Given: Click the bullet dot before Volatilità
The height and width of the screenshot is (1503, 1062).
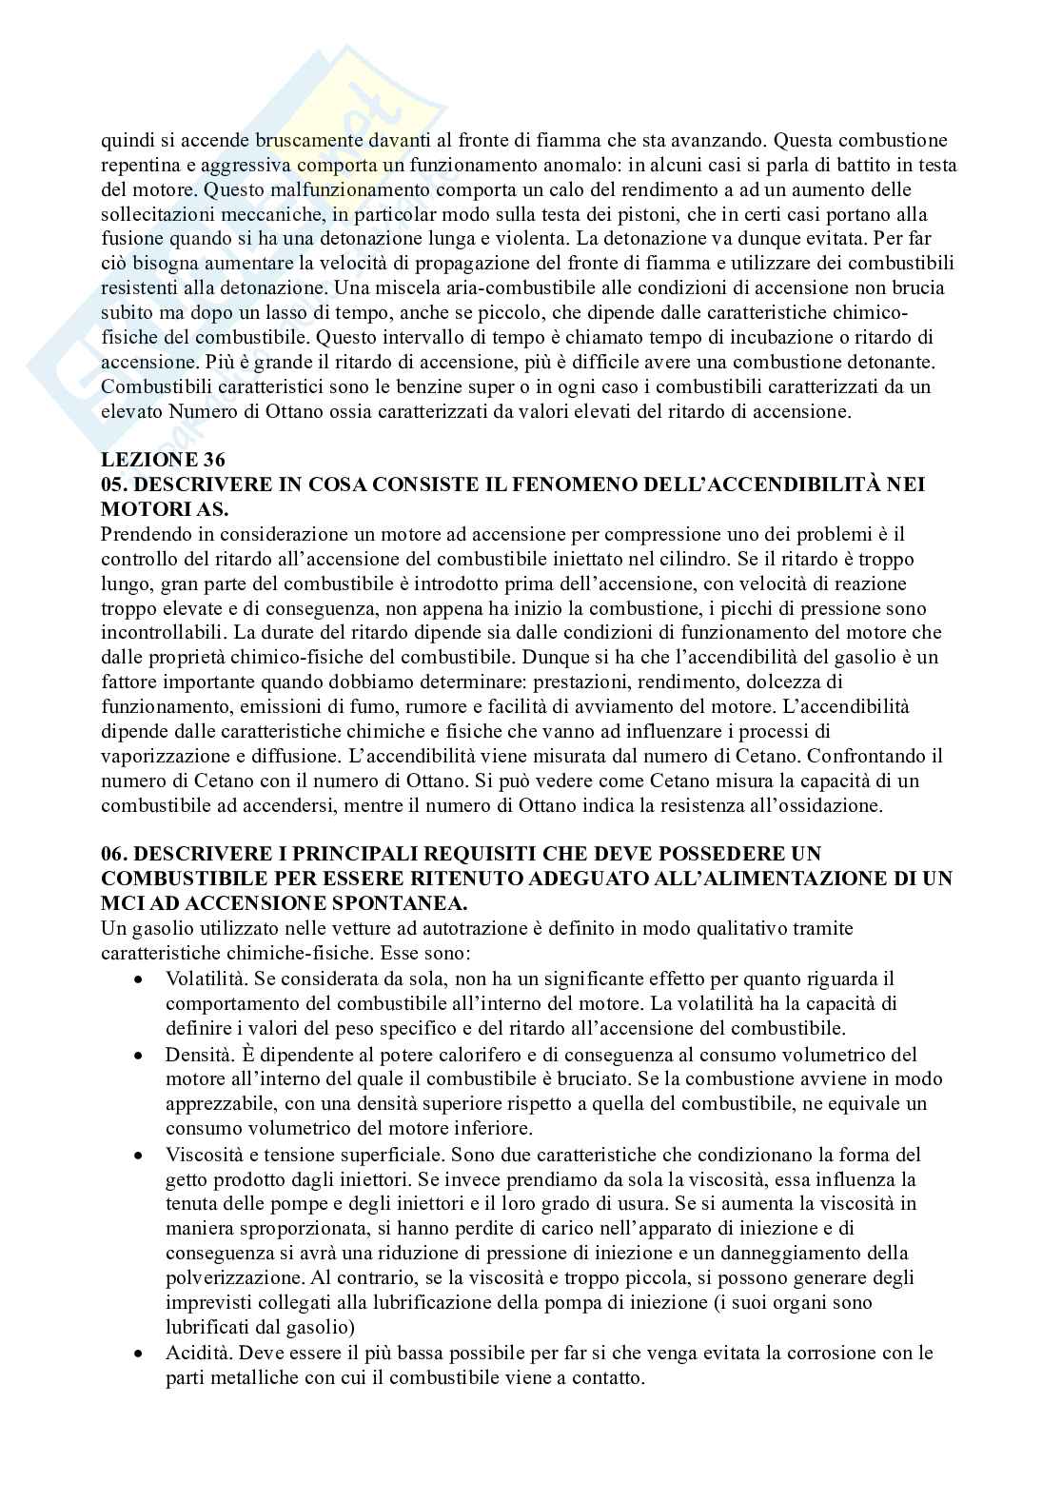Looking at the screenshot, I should point(140,979).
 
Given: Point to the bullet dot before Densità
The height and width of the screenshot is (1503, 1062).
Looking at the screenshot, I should point(140,1055).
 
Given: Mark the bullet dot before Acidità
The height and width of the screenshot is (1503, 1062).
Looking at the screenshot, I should point(140,1353).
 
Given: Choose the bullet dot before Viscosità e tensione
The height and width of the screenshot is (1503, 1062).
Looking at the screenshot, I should point(140,1155).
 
